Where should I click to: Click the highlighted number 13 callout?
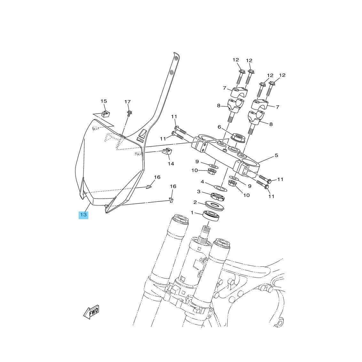[83, 215]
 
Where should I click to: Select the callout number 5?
[277, 155]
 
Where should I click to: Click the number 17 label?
[128, 102]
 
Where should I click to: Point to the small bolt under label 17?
[129, 113]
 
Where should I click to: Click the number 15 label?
[104, 101]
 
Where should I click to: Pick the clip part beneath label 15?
[106, 114]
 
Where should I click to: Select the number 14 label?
[171, 164]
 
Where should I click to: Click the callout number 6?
[219, 127]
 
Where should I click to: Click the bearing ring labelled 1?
[211, 216]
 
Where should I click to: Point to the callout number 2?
[195, 202]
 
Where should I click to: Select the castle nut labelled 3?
[218, 196]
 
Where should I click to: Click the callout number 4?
[202, 182]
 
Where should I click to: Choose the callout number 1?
[192, 213]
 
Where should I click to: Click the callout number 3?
[199, 192]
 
